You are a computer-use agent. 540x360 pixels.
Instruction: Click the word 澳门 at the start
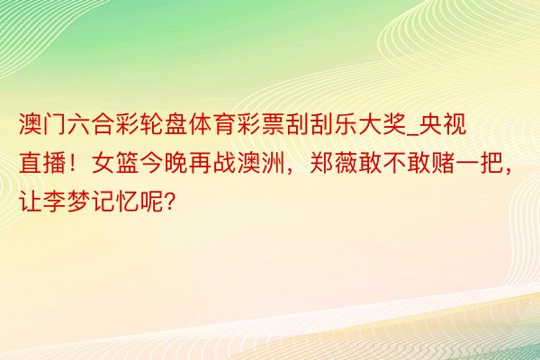pyautogui.click(x=42, y=125)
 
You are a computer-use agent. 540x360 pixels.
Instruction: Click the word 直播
pyautogui.click(x=42, y=163)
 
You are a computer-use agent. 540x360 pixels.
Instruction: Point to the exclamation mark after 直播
pyautogui.click(x=72, y=163)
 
